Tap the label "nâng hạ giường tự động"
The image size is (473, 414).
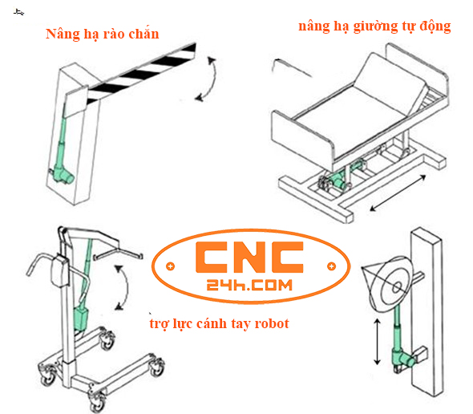[x=374, y=26]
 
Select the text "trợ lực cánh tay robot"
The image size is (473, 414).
[x=219, y=324]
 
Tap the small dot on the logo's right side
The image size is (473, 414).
[x=328, y=266]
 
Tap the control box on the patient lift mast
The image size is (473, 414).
[x=58, y=270]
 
